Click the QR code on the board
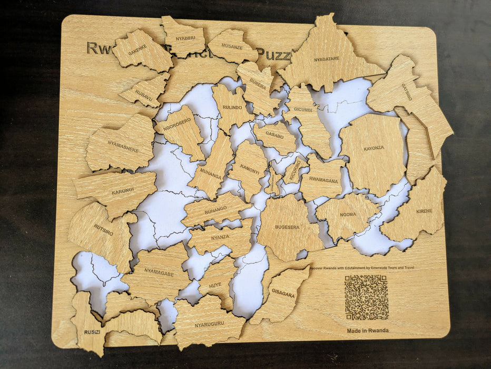pos(367,297)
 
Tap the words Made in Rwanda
pos(367,331)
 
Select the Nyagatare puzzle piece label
pos(327,59)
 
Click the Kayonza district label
pos(374,148)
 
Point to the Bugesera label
pos(287,227)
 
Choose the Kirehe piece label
pos(424,211)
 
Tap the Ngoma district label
pos(348,215)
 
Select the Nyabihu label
pos(185,38)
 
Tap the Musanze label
pos(232,46)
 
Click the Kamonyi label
pos(249,169)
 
